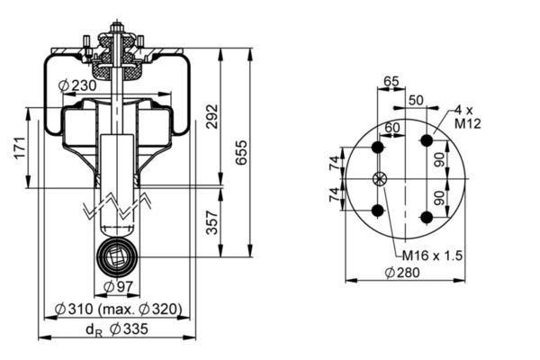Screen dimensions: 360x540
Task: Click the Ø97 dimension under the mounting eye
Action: point(113,286)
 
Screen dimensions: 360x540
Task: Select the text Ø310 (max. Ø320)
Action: point(117,309)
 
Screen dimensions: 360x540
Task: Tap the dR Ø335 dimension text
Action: point(117,328)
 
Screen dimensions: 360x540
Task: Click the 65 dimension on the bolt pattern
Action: point(391,81)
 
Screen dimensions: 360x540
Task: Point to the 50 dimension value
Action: point(416,99)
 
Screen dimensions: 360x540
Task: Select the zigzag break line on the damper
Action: point(115,205)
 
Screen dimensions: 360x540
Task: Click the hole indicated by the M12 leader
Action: point(427,141)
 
